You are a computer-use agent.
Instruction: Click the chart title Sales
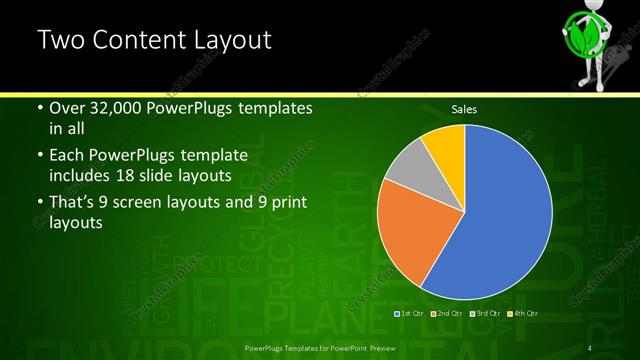pyautogui.click(x=463, y=108)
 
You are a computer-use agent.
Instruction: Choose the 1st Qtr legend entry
pyautogui.click(x=410, y=314)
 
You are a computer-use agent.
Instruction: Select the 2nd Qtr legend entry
pyautogui.click(x=446, y=314)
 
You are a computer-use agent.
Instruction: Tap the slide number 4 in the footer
pyautogui.click(x=592, y=347)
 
